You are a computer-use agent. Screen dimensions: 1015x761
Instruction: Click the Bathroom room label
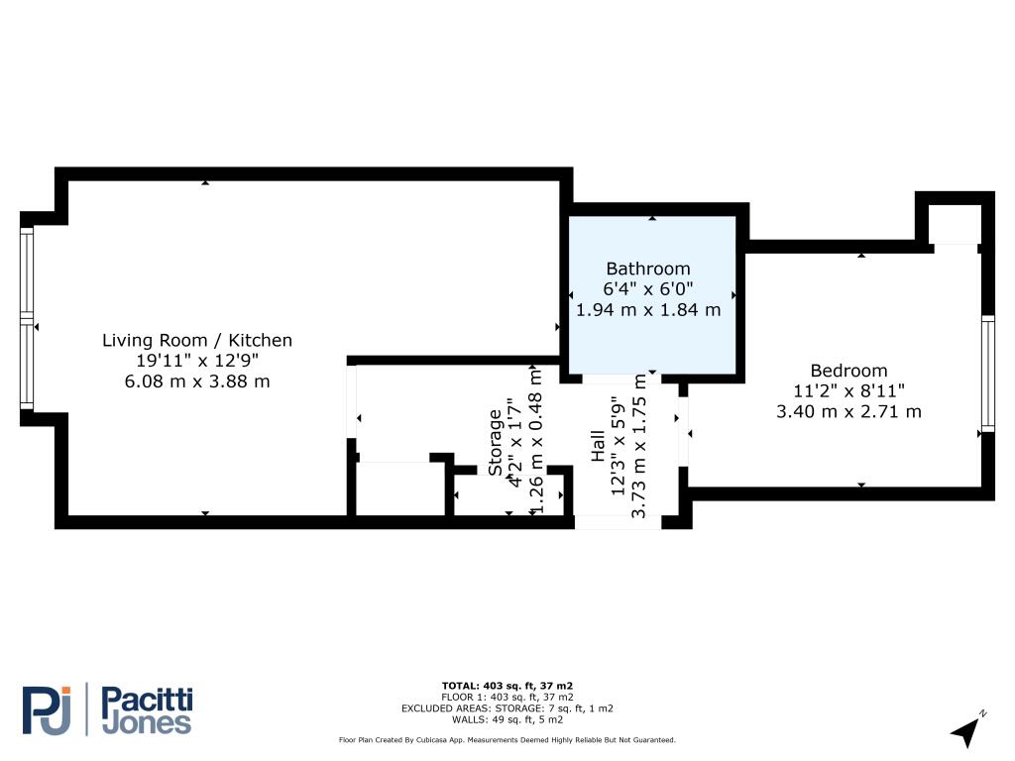(x=648, y=269)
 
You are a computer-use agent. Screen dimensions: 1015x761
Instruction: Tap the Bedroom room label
(x=848, y=371)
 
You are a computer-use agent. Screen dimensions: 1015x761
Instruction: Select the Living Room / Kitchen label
(x=197, y=341)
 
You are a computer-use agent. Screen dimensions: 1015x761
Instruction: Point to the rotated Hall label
(x=598, y=446)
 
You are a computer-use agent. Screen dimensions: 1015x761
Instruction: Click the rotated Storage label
(x=496, y=443)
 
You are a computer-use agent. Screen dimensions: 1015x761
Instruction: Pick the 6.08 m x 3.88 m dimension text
(x=197, y=381)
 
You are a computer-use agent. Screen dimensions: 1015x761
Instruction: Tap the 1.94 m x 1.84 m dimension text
(x=648, y=310)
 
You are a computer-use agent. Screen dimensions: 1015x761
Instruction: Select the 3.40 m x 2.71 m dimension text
(x=848, y=411)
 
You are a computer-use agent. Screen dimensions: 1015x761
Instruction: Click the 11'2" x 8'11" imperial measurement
(x=848, y=390)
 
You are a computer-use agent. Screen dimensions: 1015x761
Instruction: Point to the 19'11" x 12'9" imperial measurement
(x=197, y=361)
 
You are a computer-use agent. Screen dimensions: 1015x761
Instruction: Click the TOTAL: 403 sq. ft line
(x=507, y=686)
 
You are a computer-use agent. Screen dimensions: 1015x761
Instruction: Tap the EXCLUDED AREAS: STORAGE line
(x=507, y=708)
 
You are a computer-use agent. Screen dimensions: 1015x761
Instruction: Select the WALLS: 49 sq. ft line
(x=507, y=719)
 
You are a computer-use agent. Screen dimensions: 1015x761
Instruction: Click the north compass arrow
(x=966, y=731)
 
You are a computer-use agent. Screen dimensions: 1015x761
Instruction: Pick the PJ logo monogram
(x=47, y=710)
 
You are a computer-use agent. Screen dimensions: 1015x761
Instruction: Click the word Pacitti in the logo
(x=148, y=701)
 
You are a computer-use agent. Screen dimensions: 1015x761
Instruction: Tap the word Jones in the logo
(x=147, y=723)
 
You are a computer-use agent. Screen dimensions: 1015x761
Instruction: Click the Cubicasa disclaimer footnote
(x=507, y=739)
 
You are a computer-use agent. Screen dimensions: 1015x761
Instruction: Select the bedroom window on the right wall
(x=988, y=374)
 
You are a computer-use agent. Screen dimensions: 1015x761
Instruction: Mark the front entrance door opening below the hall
(x=619, y=522)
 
